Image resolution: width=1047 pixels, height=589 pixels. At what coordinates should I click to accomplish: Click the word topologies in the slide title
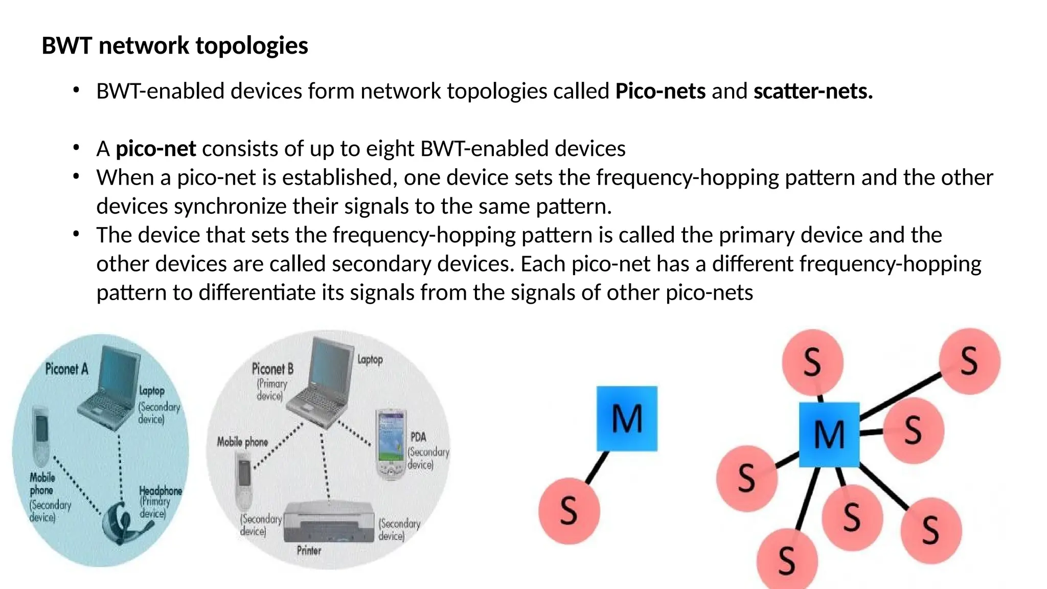(252, 46)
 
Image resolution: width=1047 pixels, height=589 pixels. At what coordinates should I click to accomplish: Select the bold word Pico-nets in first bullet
(660, 92)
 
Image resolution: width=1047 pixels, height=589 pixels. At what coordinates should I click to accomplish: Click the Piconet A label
(66, 369)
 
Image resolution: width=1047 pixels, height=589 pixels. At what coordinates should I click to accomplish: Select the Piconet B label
(272, 369)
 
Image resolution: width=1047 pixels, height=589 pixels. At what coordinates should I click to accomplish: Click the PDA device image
(391, 444)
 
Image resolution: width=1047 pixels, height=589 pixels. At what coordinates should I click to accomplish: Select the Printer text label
(309, 551)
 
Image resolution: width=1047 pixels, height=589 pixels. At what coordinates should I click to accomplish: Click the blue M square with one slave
(627, 419)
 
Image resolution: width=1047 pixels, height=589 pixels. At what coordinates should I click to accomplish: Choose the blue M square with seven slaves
(829, 435)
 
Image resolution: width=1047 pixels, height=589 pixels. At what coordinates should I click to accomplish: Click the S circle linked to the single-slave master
(569, 510)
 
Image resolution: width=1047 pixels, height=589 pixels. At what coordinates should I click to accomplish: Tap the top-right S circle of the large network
(969, 361)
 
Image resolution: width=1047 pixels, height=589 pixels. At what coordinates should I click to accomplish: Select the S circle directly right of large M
(913, 430)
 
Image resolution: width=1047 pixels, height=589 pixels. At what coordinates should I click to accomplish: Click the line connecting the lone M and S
(597, 466)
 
